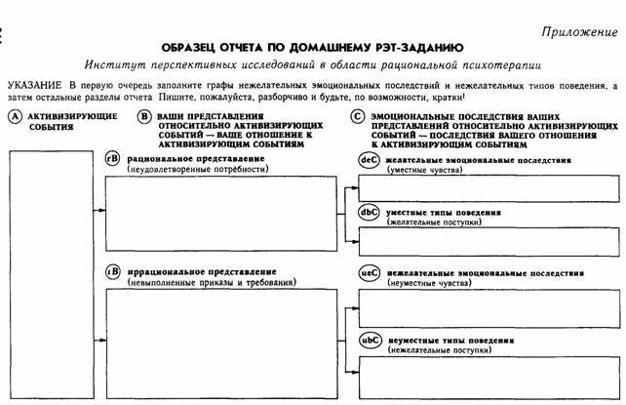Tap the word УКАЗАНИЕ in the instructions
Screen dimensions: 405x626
tap(36, 88)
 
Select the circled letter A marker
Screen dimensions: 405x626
tap(14, 116)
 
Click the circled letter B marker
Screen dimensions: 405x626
tap(144, 116)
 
